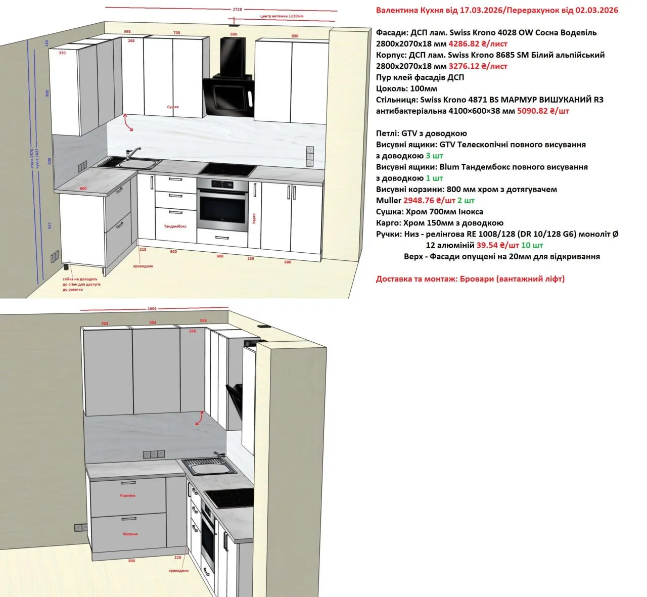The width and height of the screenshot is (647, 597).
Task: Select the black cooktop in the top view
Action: pos(227,170)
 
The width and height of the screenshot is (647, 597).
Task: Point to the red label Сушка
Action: pos(173,107)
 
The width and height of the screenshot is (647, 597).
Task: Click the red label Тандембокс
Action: pos(175,226)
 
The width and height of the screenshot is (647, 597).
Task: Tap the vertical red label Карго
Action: pos(254,219)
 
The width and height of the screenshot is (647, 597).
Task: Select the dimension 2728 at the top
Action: pos(237,9)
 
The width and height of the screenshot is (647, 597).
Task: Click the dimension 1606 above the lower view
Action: pos(152,308)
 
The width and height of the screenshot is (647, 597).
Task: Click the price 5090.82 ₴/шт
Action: pos(543,111)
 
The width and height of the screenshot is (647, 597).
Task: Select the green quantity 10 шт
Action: pos(532,245)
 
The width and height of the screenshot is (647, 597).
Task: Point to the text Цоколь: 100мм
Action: pos(406,88)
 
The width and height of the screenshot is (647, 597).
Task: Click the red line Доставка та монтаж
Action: pos(470,279)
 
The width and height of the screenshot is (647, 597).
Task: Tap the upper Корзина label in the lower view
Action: pos(128,495)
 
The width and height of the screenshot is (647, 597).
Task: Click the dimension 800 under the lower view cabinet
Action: pos(132,561)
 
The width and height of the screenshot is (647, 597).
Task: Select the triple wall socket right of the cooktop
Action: pos(309,156)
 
